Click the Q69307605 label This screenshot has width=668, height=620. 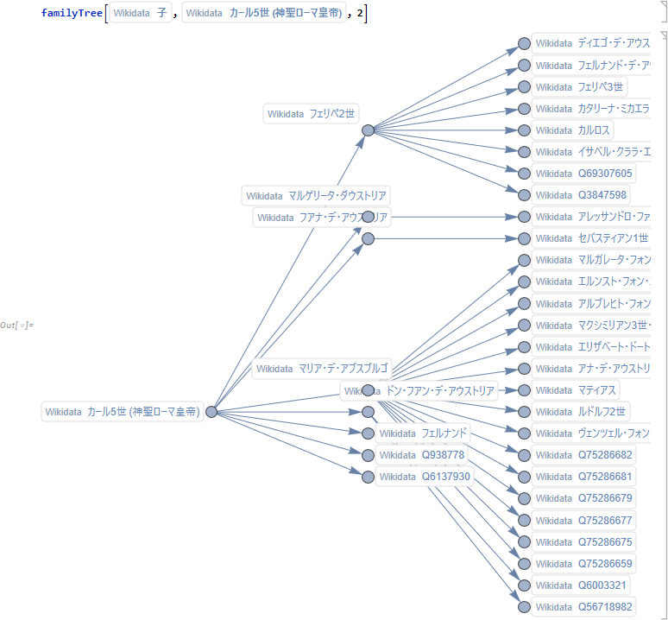coord(583,174)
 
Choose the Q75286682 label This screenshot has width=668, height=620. coord(583,455)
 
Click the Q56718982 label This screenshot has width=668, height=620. coord(583,607)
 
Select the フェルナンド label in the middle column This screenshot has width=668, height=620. coord(424,433)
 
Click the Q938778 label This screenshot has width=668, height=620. coord(423,455)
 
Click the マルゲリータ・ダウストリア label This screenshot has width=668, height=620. coord(317,196)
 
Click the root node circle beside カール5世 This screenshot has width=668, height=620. coord(211,412)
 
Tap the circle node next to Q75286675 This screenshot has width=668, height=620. coord(524,542)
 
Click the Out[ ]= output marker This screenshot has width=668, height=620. coord(16,325)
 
